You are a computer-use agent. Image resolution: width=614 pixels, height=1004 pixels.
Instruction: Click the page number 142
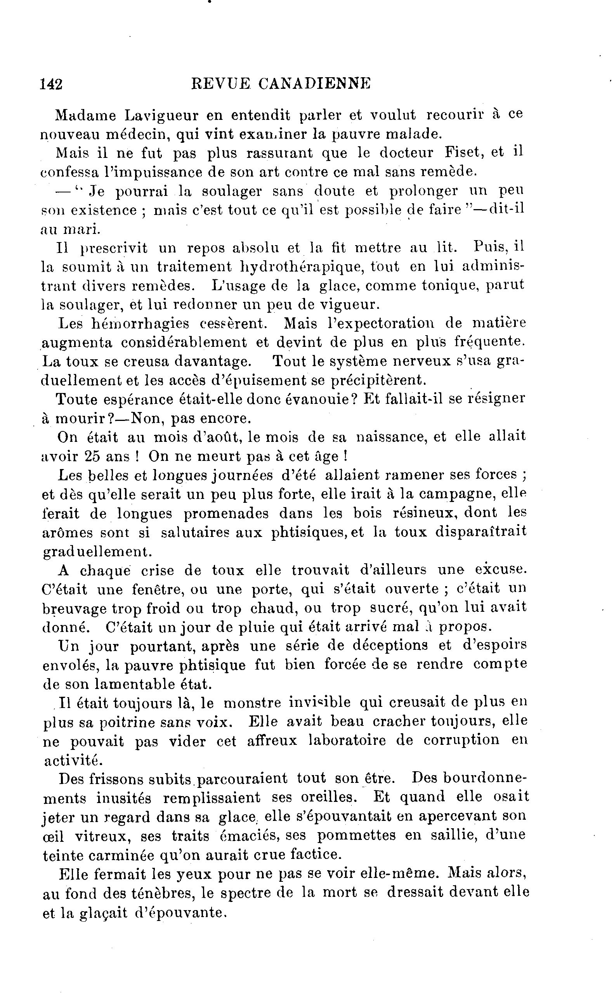pos(51,84)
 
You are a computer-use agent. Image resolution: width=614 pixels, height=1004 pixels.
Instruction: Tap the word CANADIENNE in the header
pos(315,83)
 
